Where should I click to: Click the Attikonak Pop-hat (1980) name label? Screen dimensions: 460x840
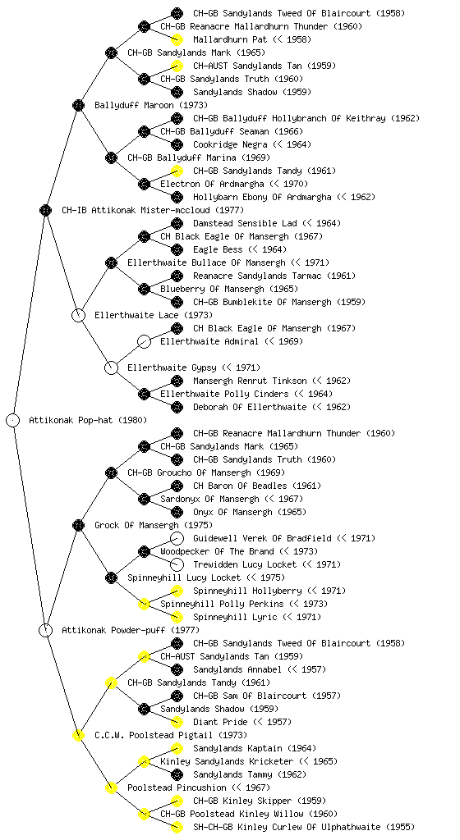click(88, 420)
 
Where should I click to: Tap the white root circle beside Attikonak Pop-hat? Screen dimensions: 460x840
click(13, 420)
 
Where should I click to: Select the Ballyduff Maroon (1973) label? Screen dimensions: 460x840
click(151, 105)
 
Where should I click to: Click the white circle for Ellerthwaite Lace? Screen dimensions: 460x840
click(78, 315)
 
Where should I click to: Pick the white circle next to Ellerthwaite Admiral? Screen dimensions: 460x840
click(144, 341)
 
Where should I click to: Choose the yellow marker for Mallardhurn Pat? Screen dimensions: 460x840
click(177, 39)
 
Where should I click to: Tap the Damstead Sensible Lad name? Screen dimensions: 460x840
click(245, 223)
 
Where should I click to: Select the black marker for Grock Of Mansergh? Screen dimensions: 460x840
click(78, 525)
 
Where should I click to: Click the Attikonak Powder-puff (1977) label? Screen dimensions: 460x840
click(131, 630)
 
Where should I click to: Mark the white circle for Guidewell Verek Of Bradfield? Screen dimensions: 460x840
click(177, 538)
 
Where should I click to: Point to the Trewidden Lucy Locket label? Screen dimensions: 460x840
click(245, 564)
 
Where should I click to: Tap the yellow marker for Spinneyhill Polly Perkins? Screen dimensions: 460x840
click(144, 604)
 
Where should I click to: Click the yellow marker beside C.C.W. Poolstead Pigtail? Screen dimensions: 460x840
click(78, 735)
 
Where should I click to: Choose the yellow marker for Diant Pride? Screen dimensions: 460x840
click(177, 722)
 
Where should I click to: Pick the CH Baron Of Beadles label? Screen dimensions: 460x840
click(240, 486)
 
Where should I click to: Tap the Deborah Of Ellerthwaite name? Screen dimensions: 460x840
click(250, 407)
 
